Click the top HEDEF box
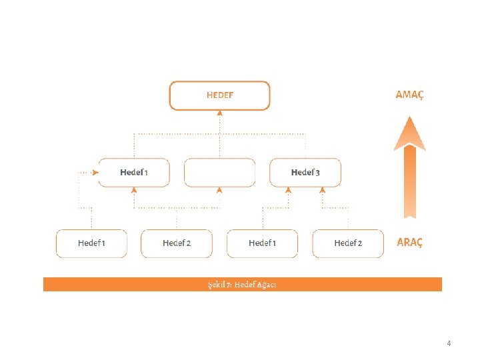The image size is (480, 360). click(219, 95)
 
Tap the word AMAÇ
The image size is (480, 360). click(409, 95)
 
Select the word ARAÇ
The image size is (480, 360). click(410, 242)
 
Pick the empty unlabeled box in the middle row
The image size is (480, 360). click(219, 173)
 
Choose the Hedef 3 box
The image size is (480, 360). click(305, 173)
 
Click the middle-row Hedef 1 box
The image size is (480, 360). click(134, 173)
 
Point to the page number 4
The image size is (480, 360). click(449, 343)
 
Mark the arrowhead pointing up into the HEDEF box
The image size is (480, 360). click(219, 113)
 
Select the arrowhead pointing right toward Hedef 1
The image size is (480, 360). click(96, 173)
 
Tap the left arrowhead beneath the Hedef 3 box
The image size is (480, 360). click(288, 190)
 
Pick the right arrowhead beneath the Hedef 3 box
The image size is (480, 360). click(323, 190)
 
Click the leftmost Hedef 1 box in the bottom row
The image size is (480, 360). click(91, 243)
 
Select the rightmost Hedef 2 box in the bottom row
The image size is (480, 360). click(348, 243)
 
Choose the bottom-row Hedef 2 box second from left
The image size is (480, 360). click(177, 243)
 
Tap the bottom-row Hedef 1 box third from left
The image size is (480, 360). click(262, 243)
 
